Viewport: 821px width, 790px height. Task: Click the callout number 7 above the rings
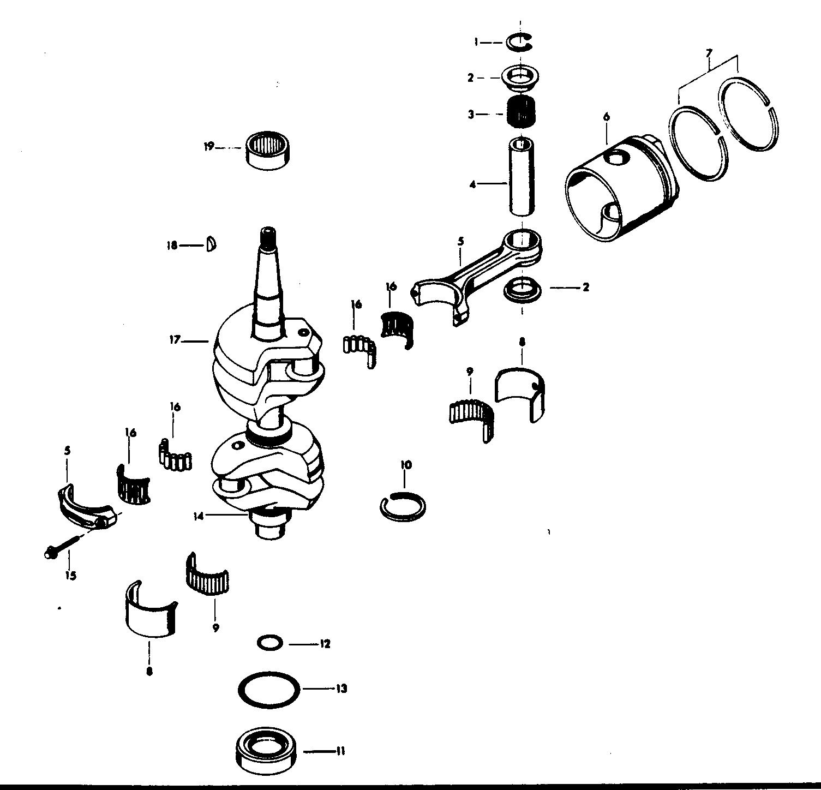click(709, 53)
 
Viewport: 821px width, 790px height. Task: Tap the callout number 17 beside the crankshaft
click(175, 340)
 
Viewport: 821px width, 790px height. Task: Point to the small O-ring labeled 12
click(269, 643)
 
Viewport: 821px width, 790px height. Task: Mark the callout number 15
click(70, 575)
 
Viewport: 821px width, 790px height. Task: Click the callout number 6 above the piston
click(607, 116)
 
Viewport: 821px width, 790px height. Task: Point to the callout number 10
click(406, 465)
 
